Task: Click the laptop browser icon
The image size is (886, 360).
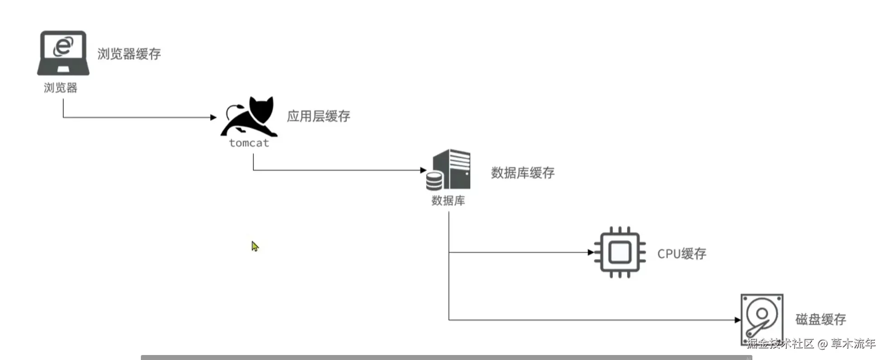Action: [63, 53]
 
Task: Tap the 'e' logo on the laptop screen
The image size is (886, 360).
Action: [63, 46]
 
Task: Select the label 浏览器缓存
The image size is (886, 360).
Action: [129, 54]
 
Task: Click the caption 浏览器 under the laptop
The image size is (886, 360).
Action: [60, 87]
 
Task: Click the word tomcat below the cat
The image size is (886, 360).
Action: [249, 143]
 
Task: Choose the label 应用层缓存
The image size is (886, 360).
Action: [318, 116]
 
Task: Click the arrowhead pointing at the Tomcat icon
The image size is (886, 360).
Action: [213, 117]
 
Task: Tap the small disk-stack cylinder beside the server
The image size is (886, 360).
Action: [433, 181]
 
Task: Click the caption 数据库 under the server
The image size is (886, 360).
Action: [448, 201]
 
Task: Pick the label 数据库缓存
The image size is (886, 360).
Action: [523, 173]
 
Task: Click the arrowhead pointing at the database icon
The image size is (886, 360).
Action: [423, 170]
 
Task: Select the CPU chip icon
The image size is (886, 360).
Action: [620, 252]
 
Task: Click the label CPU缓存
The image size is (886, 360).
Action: [682, 254]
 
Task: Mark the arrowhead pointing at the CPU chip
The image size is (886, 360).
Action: [591, 252]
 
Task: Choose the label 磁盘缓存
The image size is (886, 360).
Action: [821, 319]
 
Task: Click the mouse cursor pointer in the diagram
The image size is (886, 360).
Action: [255, 246]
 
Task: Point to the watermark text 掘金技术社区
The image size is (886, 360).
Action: [780, 344]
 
